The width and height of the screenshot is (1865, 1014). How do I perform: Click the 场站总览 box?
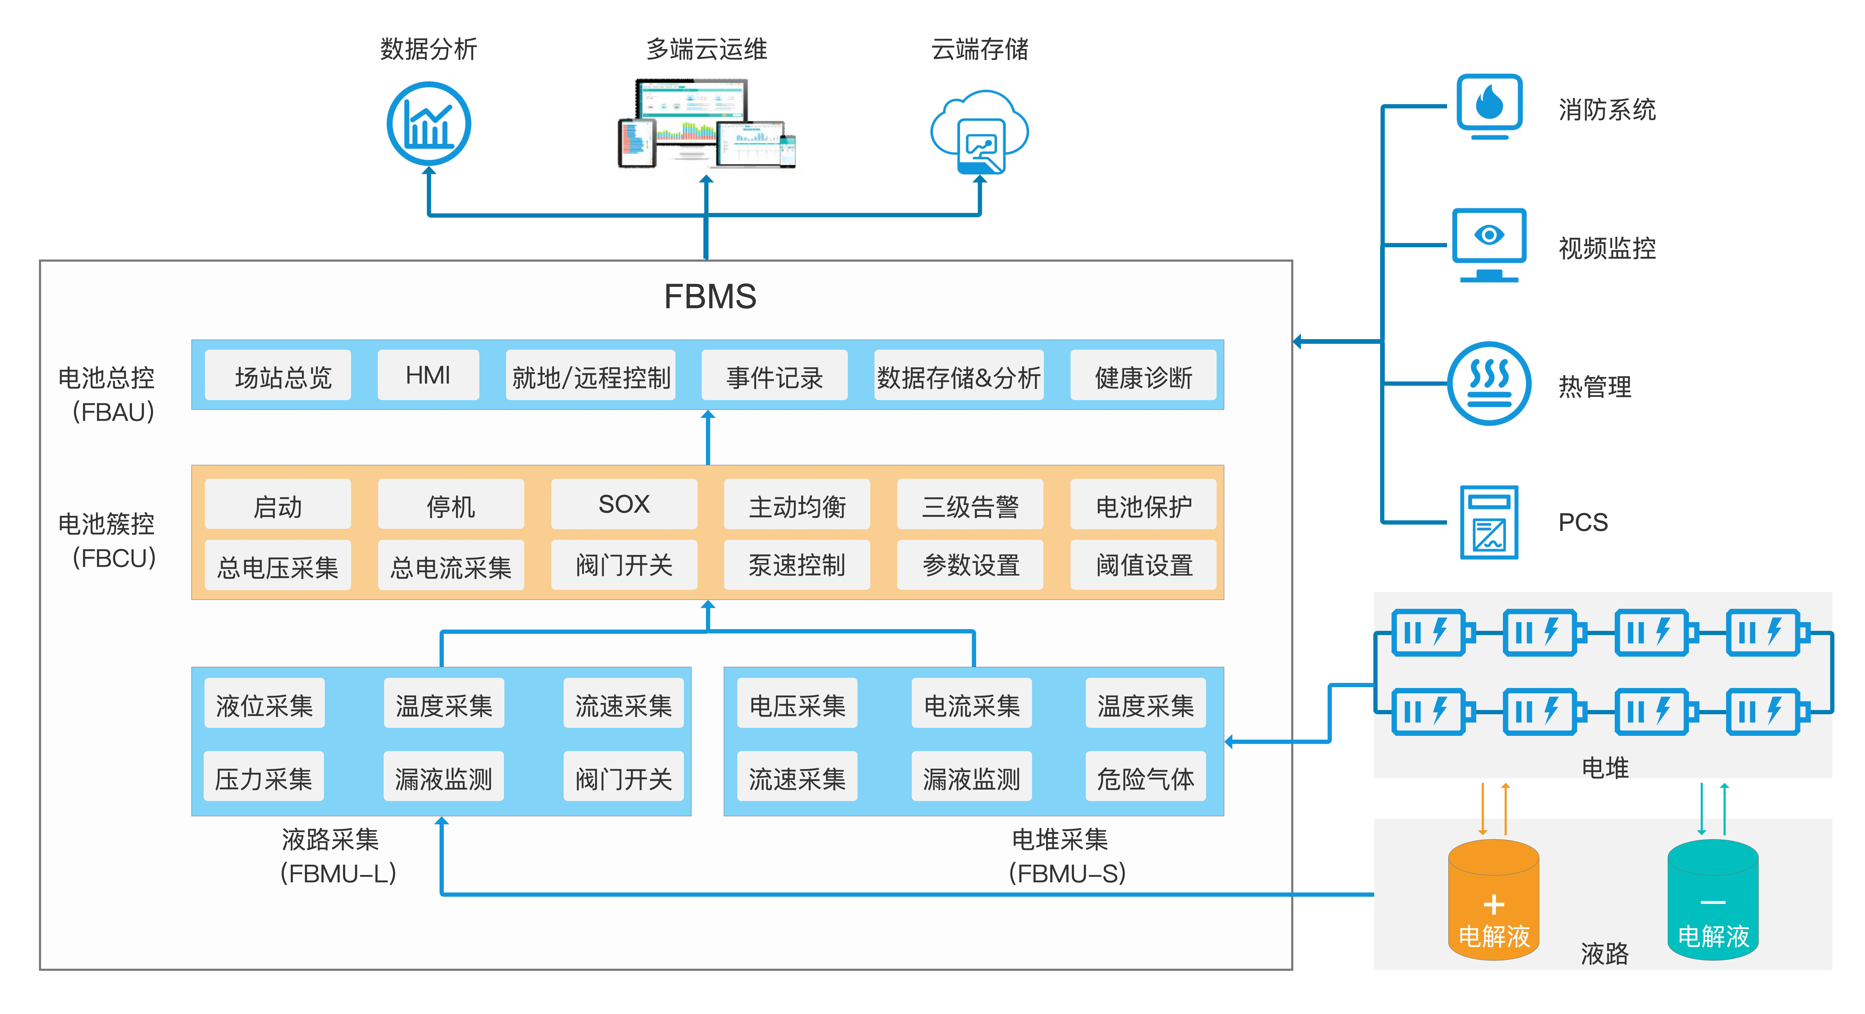point(278,375)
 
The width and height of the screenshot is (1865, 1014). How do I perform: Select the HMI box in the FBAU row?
point(428,375)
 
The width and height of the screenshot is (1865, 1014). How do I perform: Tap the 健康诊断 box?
point(1143,375)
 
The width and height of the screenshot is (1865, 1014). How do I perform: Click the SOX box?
point(624,504)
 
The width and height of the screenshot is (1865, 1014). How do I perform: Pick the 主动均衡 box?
point(797,504)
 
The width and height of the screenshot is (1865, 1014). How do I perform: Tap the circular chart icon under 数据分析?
point(429,124)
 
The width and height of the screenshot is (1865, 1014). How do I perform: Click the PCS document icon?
point(1489,522)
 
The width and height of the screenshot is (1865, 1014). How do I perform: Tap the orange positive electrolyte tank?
point(1494,900)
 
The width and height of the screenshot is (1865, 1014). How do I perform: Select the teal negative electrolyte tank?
point(1713,900)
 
